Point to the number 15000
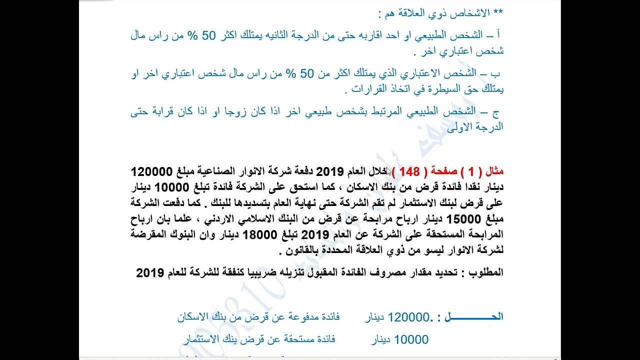pyautogui.click(x=462, y=219)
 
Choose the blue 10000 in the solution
pyautogui.click(x=411, y=340)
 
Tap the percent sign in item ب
pyautogui.click(x=290, y=74)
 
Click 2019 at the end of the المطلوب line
pyautogui.click(x=150, y=273)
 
